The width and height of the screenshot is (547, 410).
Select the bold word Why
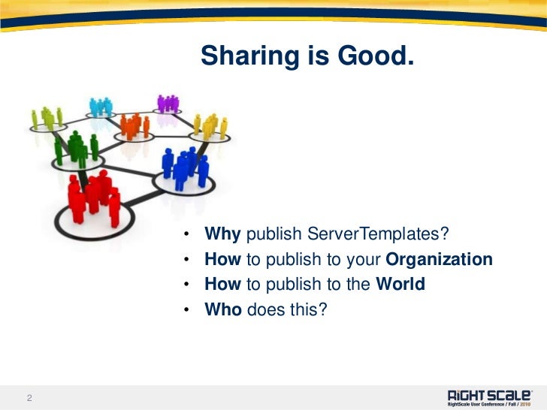pyautogui.click(x=222, y=235)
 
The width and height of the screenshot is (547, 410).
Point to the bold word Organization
pyautogui.click(x=439, y=260)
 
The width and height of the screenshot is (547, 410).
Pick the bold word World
pyautogui.click(x=400, y=285)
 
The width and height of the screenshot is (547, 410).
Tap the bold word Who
pyautogui.click(x=223, y=309)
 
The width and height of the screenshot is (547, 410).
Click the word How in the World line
pyautogui.click(x=222, y=285)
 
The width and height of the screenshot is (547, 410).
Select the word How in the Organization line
pyautogui.click(x=222, y=260)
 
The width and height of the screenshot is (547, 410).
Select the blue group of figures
pyautogui.click(x=183, y=167)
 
